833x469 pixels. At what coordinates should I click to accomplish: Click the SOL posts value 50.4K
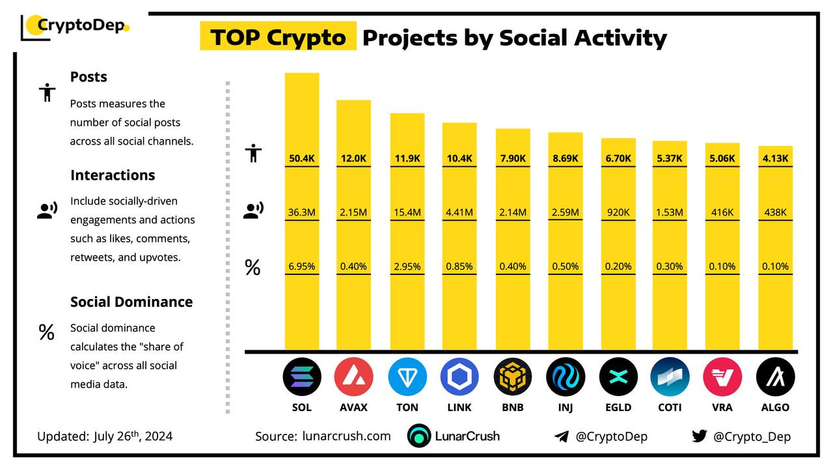[301, 158]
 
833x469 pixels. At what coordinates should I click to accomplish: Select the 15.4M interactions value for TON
[407, 212]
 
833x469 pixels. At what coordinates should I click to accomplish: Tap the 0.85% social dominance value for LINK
[459, 266]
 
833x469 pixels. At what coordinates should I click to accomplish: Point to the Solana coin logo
[301, 377]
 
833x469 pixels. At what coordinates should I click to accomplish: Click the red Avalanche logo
[353, 377]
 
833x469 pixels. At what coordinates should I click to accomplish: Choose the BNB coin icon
[512, 377]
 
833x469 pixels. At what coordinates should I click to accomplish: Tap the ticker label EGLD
[618, 407]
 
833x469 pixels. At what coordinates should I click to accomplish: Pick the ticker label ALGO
[775, 407]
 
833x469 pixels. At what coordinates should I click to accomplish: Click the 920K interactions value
[618, 212]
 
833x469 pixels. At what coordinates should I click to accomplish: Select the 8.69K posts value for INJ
[566, 158]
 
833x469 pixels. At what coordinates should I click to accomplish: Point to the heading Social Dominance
[131, 302]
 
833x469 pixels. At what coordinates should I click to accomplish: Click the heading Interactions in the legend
[113, 175]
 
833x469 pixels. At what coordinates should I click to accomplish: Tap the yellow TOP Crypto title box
[278, 36]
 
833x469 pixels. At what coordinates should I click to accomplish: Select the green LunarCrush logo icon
[419, 436]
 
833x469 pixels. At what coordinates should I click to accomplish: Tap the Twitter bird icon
[700, 436]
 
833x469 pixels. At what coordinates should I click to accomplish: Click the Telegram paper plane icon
[562, 436]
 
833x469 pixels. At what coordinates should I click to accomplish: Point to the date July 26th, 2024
[133, 436]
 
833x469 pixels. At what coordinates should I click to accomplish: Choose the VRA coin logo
[722, 377]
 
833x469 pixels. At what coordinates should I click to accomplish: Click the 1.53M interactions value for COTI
[670, 212]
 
